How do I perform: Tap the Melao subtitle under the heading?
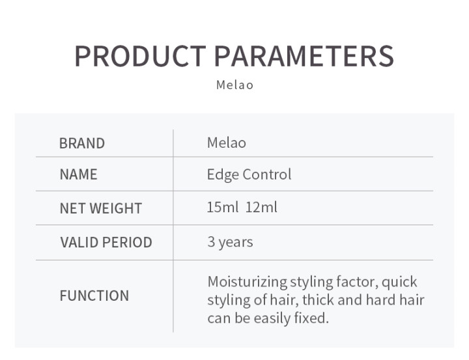234,85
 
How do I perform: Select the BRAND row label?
81,144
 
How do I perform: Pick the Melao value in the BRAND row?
226,143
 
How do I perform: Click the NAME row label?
78,174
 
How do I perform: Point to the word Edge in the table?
222,174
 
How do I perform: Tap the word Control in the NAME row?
267,174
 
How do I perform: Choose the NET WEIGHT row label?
100,209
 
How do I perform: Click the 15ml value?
223,208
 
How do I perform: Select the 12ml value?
261,208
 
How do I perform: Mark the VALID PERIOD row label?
106,243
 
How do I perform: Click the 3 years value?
230,242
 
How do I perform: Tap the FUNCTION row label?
94,296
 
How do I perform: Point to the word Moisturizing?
247,282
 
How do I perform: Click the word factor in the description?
356,282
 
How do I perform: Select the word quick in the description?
399,282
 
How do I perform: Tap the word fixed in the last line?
312,318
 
